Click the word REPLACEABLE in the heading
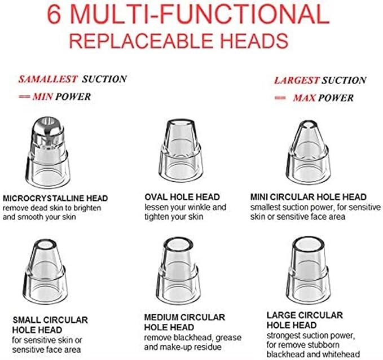tap(142, 41)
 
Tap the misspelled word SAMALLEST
tap(48, 79)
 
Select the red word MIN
tap(42, 97)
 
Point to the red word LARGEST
tap(297, 80)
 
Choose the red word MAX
tap(305, 98)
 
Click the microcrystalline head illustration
tap(48, 152)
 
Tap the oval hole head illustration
tap(181, 151)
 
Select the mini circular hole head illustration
tap(308, 152)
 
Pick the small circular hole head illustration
tap(45, 271)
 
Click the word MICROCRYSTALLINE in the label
tap(43, 198)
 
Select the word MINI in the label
tap(259, 197)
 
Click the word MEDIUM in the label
tap(162, 318)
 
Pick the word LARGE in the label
tap(280, 315)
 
